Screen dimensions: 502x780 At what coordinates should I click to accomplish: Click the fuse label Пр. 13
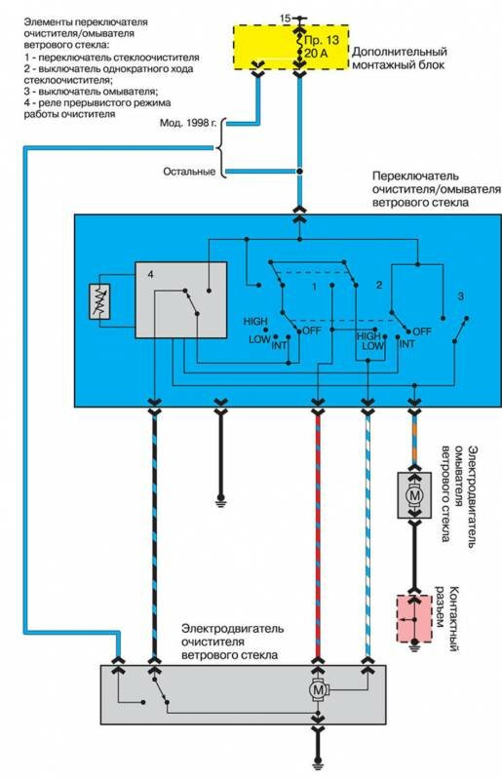pyautogui.click(x=321, y=40)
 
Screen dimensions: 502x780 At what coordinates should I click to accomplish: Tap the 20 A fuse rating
pyautogui.click(x=316, y=54)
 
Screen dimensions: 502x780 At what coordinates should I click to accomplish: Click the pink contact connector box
pyautogui.click(x=414, y=619)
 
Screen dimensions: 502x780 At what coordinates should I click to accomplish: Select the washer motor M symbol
pyautogui.click(x=414, y=495)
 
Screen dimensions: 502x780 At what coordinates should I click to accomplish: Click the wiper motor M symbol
pyautogui.click(x=318, y=690)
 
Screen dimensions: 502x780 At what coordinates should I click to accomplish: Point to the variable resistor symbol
pyautogui.click(x=99, y=301)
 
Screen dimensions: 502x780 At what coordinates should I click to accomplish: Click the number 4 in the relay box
pyautogui.click(x=151, y=274)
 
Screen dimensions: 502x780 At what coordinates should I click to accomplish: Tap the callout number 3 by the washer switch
pyautogui.click(x=461, y=296)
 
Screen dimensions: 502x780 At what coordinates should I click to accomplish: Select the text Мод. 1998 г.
pyautogui.click(x=188, y=123)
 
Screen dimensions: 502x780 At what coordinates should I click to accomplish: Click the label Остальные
pyautogui.click(x=189, y=172)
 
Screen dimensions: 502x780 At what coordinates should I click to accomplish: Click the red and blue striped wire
pyautogui.click(x=318, y=536)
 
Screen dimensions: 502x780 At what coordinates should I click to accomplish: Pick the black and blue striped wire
pyautogui.click(x=154, y=536)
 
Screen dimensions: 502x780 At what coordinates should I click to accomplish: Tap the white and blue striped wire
pyautogui.click(x=367, y=536)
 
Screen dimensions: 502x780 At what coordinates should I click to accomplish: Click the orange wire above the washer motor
pyautogui.click(x=414, y=438)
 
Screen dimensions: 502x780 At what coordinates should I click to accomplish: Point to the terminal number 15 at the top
pyautogui.click(x=285, y=19)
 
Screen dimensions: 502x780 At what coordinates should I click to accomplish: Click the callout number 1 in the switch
pyautogui.click(x=314, y=288)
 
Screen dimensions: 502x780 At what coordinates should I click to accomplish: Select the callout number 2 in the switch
pyautogui.click(x=379, y=285)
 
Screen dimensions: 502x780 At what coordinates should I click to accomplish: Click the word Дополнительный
pyautogui.click(x=400, y=52)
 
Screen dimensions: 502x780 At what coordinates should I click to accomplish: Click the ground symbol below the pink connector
pyautogui.click(x=414, y=647)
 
